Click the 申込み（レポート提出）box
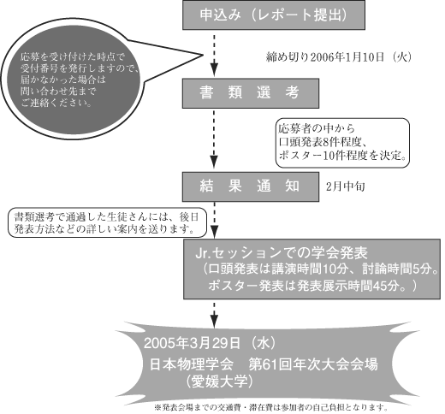tap(274, 15)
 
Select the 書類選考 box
tap(251, 93)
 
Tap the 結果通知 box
tap(251, 186)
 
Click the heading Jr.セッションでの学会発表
tap(282, 252)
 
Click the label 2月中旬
tap(346, 186)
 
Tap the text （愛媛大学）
tap(219, 381)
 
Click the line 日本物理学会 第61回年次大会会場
tap(264, 364)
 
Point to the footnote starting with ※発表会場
tap(271, 407)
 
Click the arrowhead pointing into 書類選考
tap(214, 70)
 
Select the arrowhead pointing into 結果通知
tap(214, 163)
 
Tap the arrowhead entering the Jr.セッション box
tap(214, 232)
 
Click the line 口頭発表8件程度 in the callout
tap(320, 142)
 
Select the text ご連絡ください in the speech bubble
tap(56, 103)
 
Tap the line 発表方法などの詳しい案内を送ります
tap(104, 229)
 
